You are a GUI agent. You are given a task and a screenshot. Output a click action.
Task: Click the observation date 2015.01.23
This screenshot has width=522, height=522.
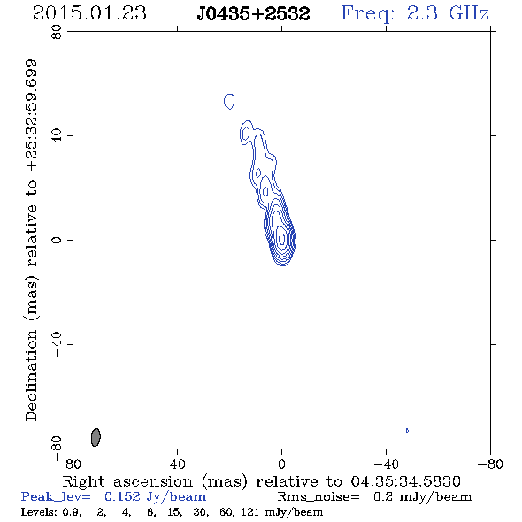point(89,13)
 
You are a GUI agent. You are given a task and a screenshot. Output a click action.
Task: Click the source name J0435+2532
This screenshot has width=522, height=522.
point(253,13)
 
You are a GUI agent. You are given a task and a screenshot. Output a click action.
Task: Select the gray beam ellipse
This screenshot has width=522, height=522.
point(96,437)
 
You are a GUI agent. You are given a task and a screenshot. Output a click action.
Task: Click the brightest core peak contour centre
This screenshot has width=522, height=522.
point(282,238)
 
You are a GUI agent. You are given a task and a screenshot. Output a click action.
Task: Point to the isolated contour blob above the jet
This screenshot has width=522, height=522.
point(229,101)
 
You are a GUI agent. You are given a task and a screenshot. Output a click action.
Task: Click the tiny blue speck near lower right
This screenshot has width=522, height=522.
point(407,430)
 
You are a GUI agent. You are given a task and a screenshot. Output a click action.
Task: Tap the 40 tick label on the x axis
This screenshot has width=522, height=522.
point(177,464)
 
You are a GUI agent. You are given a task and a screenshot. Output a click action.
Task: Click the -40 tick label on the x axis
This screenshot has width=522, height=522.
point(386,464)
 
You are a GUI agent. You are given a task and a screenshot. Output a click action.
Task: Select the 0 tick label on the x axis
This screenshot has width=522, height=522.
point(281,464)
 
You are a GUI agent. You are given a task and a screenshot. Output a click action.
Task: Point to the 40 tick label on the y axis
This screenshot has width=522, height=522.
point(57,136)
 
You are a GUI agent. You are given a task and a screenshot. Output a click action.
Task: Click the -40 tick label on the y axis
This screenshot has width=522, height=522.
point(57,344)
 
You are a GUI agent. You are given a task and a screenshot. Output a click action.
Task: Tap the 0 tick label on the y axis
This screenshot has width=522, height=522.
point(57,240)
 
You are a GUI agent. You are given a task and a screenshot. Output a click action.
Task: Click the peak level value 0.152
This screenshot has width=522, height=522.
point(122,496)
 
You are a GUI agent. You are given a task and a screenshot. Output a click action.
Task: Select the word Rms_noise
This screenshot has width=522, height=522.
point(319,497)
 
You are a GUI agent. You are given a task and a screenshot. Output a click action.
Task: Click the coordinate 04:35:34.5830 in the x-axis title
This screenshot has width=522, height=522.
point(406,481)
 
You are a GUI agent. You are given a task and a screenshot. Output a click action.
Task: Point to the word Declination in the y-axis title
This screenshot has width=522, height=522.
point(31,375)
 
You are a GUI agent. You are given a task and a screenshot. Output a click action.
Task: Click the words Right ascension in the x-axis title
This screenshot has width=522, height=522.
point(127,481)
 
